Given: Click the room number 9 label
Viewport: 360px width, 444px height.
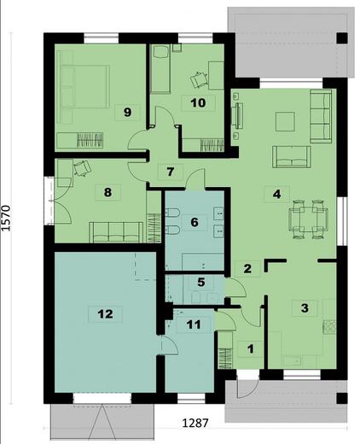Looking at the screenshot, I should point(126,111).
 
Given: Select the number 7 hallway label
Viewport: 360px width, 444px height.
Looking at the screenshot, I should point(171,171).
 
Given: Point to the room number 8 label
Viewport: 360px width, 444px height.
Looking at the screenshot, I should point(107,192).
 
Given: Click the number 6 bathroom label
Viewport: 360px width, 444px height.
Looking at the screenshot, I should point(194,222).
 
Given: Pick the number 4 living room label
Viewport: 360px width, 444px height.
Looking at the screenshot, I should point(276,193).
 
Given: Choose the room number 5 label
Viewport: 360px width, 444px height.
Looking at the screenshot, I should point(200,282).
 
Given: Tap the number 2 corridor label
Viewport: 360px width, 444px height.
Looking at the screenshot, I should point(247,269).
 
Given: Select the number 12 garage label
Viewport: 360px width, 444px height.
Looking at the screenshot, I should point(105,313).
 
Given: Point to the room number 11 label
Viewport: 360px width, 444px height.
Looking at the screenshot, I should point(193,324).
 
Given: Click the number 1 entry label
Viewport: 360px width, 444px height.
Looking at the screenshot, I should point(250,348).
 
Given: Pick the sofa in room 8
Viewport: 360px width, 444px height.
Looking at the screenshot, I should point(117,230).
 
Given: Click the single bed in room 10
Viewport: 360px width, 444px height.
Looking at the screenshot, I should point(161,71).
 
